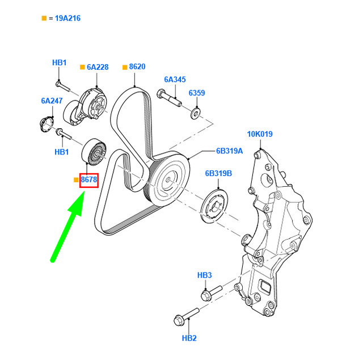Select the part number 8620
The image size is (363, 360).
[x=137, y=67]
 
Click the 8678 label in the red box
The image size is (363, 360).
[x=89, y=180]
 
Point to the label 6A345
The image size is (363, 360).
[x=175, y=80]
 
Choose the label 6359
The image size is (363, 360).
[x=196, y=93]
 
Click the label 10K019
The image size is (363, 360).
[x=259, y=135]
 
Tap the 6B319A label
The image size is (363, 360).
[x=229, y=151]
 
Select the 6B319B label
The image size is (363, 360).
[x=220, y=174]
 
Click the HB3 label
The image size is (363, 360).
[x=205, y=275]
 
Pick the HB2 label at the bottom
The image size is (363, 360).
[x=189, y=338]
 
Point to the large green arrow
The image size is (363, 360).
[x=68, y=227]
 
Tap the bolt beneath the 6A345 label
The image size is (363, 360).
[x=170, y=101]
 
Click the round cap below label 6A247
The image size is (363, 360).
[x=45, y=123]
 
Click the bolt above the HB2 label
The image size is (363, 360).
[x=184, y=316]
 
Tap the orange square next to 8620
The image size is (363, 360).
[x=124, y=67]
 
